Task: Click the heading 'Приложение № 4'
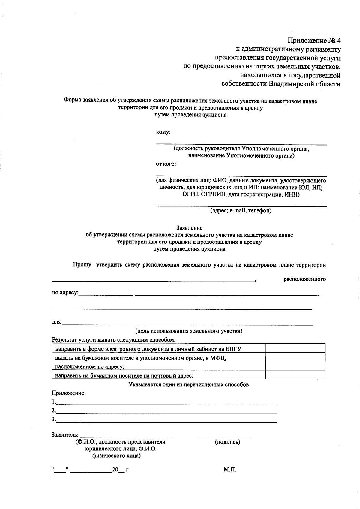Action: (x=314, y=40)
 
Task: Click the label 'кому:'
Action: (x=163, y=132)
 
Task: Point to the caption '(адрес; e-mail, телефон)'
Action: (x=241, y=211)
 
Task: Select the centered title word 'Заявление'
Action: (x=189, y=228)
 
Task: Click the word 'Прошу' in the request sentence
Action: (x=82, y=265)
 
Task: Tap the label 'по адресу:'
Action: (x=65, y=292)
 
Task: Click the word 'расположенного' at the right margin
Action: (x=304, y=279)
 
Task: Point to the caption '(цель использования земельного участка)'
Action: (x=189, y=331)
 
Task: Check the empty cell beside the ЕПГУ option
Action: (x=295, y=348)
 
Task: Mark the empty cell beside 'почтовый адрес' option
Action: (x=295, y=375)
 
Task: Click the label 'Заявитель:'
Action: (x=65, y=435)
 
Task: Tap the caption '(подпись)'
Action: (x=227, y=442)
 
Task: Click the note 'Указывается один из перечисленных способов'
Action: (x=188, y=384)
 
